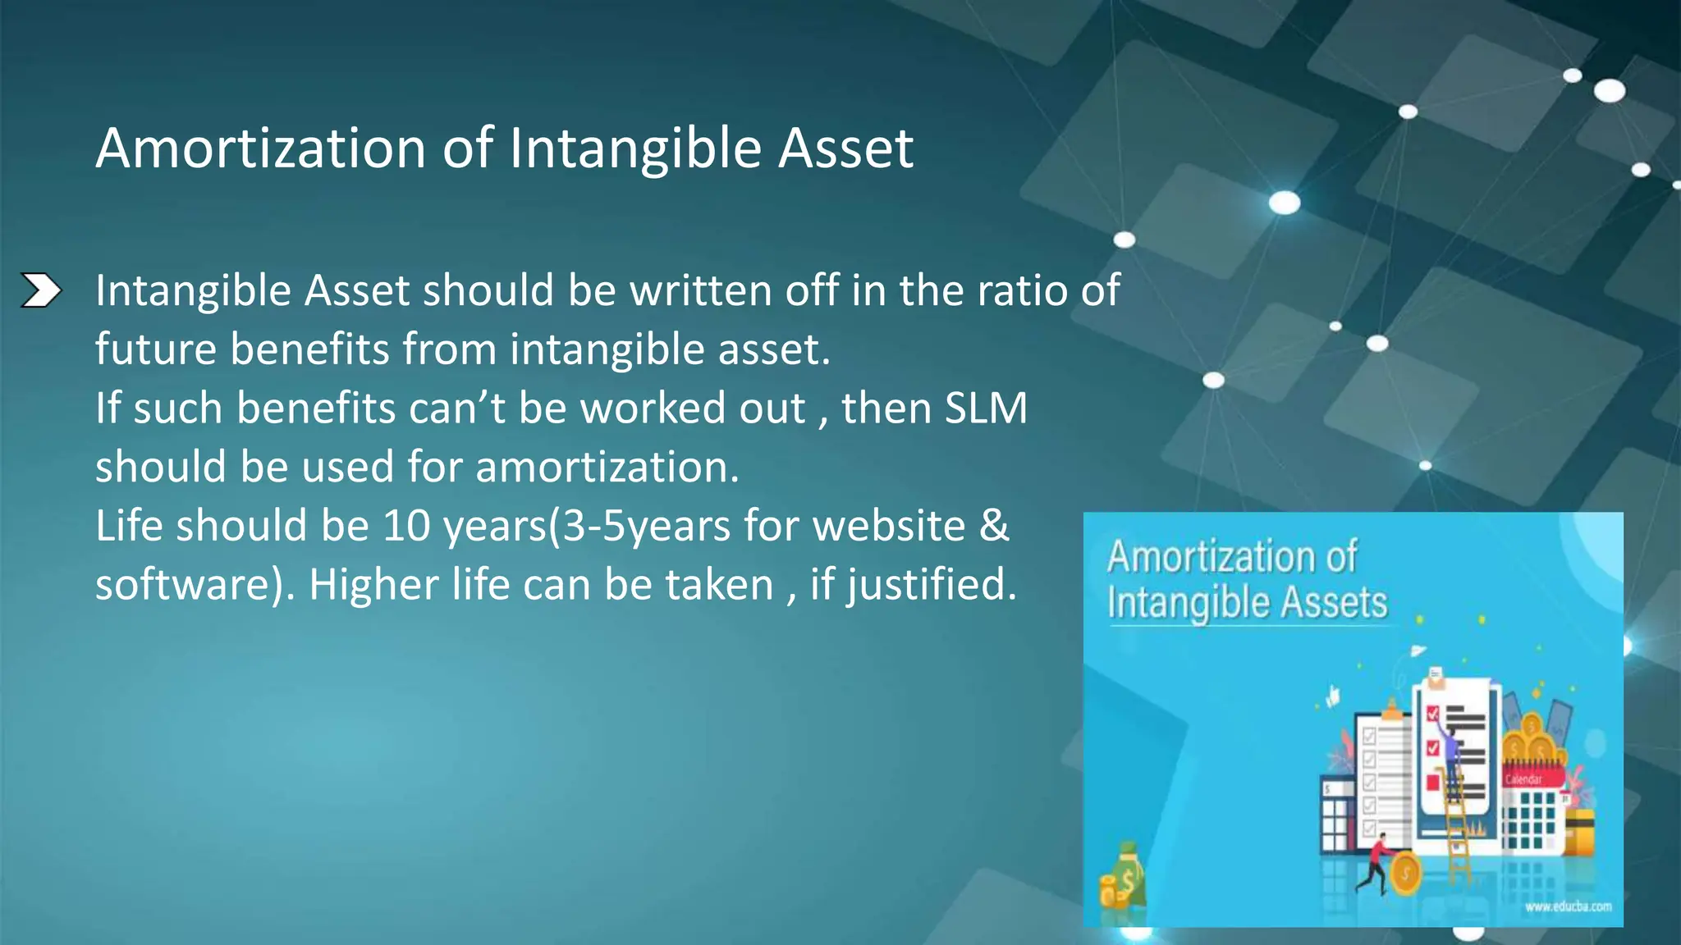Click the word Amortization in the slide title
[x=261, y=149]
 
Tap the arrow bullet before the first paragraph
[x=40, y=290]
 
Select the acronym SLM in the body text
[x=986, y=408]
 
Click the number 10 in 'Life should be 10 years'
[x=406, y=526]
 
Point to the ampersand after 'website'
[x=994, y=526]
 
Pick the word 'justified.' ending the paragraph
[x=932, y=585]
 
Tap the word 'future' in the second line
[x=155, y=349]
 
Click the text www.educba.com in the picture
[x=1568, y=906]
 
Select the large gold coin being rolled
[x=1405, y=874]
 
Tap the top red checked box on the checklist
[x=1433, y=712]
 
